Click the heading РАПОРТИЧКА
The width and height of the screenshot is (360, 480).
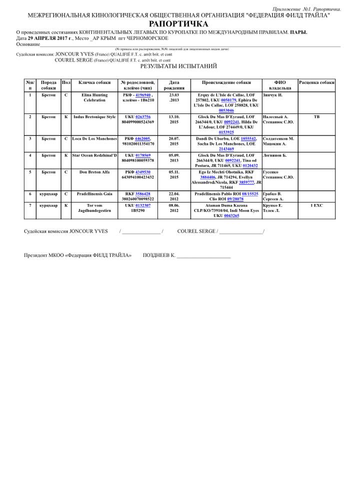point(178,23)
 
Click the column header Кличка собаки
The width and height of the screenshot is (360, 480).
point(94,82)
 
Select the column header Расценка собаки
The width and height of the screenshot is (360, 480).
point(316,82)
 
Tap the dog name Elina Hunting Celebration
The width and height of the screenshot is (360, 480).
point(94,97)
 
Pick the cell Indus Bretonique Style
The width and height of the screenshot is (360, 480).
point(94,117)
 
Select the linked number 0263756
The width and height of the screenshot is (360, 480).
point(143,117)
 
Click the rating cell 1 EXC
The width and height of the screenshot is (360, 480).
point(316,205)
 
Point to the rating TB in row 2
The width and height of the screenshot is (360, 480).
point(316,117)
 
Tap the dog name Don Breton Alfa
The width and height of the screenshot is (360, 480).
point(94,172)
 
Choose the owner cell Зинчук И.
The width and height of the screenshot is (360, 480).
point(272,95)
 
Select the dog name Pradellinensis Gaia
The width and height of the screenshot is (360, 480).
point(94,193)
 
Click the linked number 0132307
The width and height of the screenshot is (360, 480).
point(143,205)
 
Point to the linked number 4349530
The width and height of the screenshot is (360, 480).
point(143,172)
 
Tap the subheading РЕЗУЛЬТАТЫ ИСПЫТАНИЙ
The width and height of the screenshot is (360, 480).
point(178,66)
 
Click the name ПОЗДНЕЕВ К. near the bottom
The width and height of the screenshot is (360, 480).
point(159,255)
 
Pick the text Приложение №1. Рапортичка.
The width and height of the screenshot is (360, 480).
point(307,9)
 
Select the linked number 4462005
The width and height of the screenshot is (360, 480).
point(142,138)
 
